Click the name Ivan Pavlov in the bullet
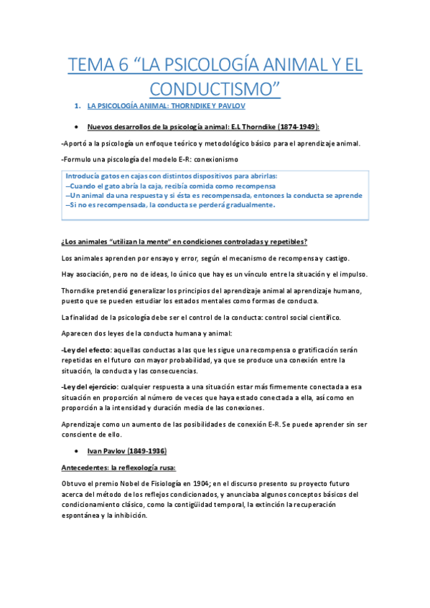[x=106, y=452]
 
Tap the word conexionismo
[x=212, y=158]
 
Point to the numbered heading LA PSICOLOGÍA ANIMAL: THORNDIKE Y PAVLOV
[x=166, y=106]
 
